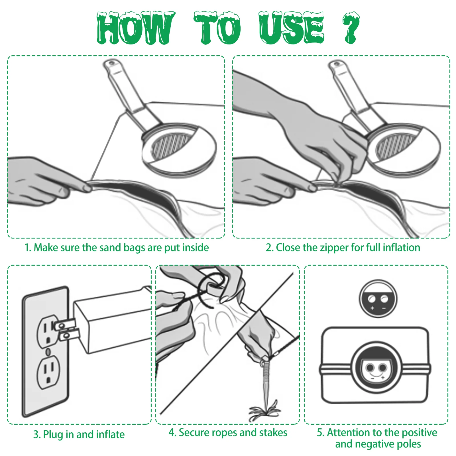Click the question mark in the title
(351, 28)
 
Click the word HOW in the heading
(135, 28)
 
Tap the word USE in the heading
(291, 28)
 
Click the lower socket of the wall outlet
(48, 372)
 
